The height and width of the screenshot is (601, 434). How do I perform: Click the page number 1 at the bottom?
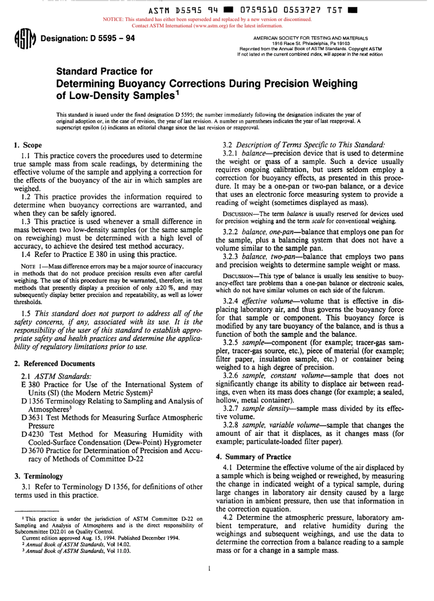(x=208, y=569)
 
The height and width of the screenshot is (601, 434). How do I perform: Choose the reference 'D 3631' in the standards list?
(x=31, y=418)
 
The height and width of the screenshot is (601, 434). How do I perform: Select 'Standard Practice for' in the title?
(x=104, y=72)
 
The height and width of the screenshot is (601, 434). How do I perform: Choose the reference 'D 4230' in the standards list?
(x=31, y=434)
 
